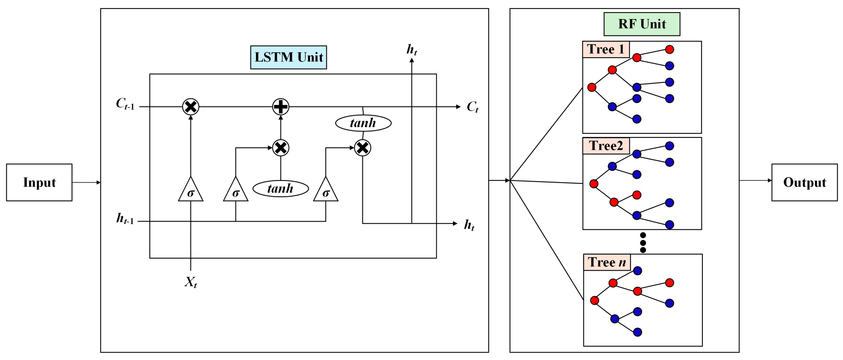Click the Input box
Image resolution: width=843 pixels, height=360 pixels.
[39, 182]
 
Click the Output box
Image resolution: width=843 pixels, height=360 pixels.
[804, 182]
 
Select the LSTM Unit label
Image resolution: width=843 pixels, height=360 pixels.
[289, 57]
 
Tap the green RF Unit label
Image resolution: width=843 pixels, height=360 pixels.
[642, 24]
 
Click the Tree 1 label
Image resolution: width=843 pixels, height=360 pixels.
[606, 49]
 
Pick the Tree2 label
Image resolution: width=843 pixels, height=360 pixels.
[606, 146]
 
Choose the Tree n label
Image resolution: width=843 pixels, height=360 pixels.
[607, 262]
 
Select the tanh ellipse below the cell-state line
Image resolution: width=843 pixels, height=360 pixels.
[363, 123]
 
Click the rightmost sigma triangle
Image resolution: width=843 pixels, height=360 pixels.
[326, 189]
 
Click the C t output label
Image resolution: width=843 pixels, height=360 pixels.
[472, 107]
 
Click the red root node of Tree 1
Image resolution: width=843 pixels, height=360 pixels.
[592, 87]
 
